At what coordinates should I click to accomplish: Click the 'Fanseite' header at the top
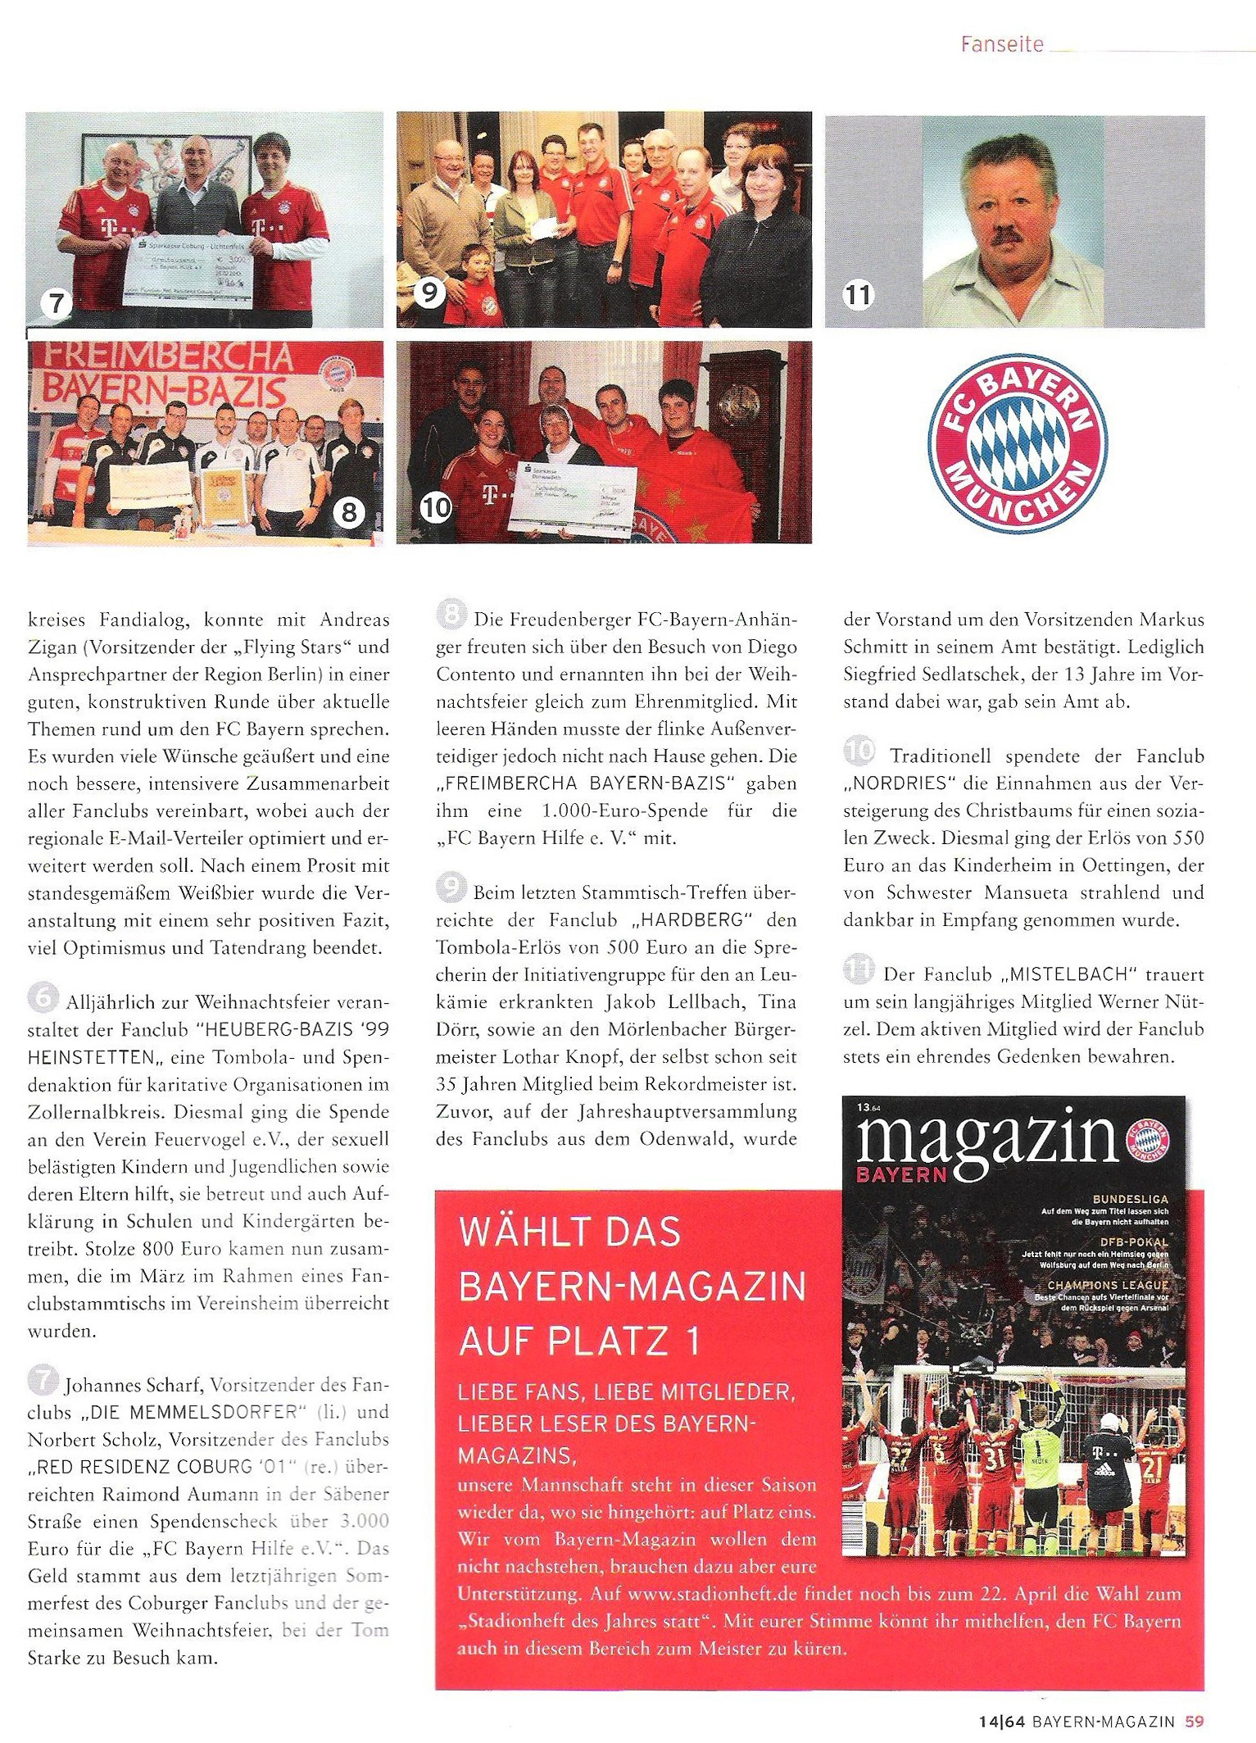pos(1002,44)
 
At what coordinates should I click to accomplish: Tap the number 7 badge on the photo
pos(57,304)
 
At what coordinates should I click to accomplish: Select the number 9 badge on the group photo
pos(429,292)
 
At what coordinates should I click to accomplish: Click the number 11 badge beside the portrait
pos(858,294)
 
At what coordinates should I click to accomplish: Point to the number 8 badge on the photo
pos(349,513)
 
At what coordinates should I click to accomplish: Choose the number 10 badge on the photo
pos(436,508)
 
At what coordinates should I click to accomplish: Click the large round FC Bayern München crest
pos(1017,442)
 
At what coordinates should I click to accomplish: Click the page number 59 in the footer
pos(1194,1722)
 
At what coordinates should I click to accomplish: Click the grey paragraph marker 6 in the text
pos(43,997)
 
